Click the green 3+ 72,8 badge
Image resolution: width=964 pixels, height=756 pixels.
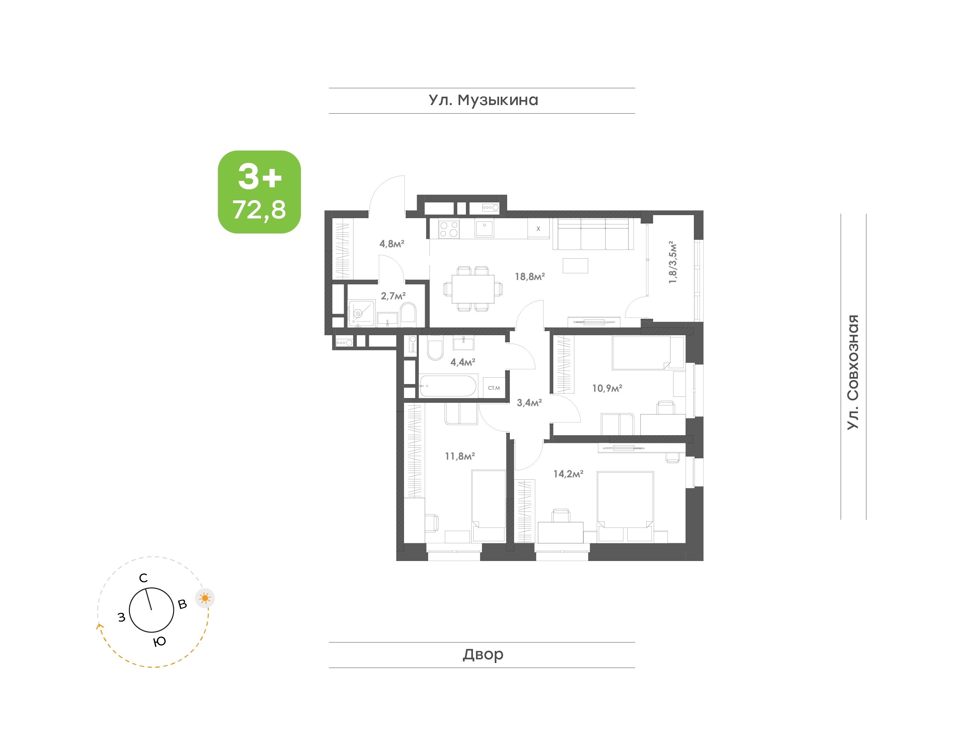point(259,192)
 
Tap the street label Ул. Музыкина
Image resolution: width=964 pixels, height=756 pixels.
point(483,100)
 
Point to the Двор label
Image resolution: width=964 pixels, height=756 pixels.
point(483,654)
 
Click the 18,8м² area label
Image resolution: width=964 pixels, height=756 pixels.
point(530,277)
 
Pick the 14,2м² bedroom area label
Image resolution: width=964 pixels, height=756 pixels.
point(568,474)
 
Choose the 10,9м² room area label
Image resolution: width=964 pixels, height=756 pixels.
point(607,388)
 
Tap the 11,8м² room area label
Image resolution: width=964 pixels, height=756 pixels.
point(460,456)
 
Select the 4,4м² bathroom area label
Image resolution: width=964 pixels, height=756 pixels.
point(463,362)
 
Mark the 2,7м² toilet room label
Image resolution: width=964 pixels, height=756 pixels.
point(393,296)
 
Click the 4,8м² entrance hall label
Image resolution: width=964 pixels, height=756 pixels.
point(392,244)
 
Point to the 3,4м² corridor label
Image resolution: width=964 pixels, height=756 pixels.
point(529,403)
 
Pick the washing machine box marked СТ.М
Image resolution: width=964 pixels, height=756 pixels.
point(494,388)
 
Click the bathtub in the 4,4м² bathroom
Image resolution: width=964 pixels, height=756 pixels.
point(448,386)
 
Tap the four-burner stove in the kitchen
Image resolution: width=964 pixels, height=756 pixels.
point(449,229)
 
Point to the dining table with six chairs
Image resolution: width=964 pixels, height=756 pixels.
point(473,289)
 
